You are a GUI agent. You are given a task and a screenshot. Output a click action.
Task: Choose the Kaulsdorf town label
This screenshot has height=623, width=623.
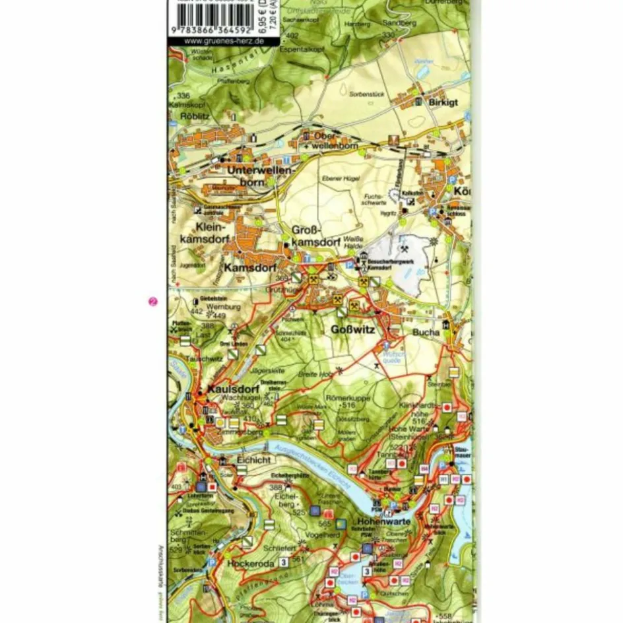pyautogui.click(x=231, y=389)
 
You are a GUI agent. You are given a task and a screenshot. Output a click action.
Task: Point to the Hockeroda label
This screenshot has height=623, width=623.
pyautogui.click(x=250, y=565)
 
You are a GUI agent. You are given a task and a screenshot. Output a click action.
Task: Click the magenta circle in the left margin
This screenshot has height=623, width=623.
pyautogui.click(x=152, y=302)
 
